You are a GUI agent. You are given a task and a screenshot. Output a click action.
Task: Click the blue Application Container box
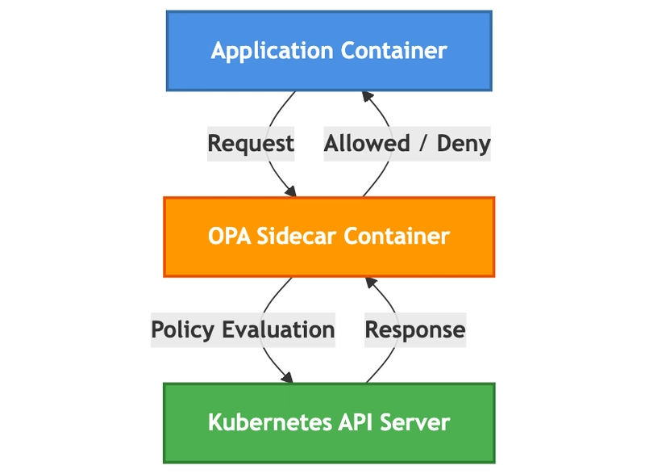[329, 51]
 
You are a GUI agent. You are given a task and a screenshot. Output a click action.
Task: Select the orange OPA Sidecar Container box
[329, 237]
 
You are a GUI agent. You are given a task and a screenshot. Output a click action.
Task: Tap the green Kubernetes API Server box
[329, 423]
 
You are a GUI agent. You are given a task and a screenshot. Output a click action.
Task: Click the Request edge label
[251, 144]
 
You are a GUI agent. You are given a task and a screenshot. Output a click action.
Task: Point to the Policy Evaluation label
[243, 330]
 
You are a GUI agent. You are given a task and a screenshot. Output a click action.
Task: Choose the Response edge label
[415, 330]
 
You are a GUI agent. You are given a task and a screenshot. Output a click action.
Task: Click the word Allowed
[367, 143]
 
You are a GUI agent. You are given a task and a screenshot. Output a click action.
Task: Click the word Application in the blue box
[272, 52]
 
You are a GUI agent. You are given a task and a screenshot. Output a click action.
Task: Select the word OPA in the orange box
[230, 237]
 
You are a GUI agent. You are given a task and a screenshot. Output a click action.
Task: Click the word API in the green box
[356, 422]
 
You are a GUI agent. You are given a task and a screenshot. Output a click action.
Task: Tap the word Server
[414, 422]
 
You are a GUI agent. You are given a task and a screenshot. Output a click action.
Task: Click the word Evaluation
[278, 329]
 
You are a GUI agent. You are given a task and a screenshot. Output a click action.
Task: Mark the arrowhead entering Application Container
[367, 96]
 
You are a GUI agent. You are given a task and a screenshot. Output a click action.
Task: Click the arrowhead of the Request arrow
[291, 191]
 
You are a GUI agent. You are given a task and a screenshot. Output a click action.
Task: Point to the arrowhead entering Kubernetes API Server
[287, 377]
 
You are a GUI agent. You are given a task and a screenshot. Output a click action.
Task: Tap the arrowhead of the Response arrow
[370, 283]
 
